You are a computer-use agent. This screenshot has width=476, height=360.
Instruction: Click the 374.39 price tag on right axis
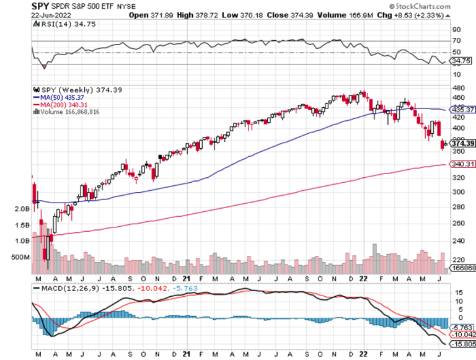(463, 143)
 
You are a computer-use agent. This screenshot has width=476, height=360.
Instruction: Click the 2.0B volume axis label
(22, 209)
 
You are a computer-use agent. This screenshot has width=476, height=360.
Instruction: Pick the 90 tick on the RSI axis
(456, 29)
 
